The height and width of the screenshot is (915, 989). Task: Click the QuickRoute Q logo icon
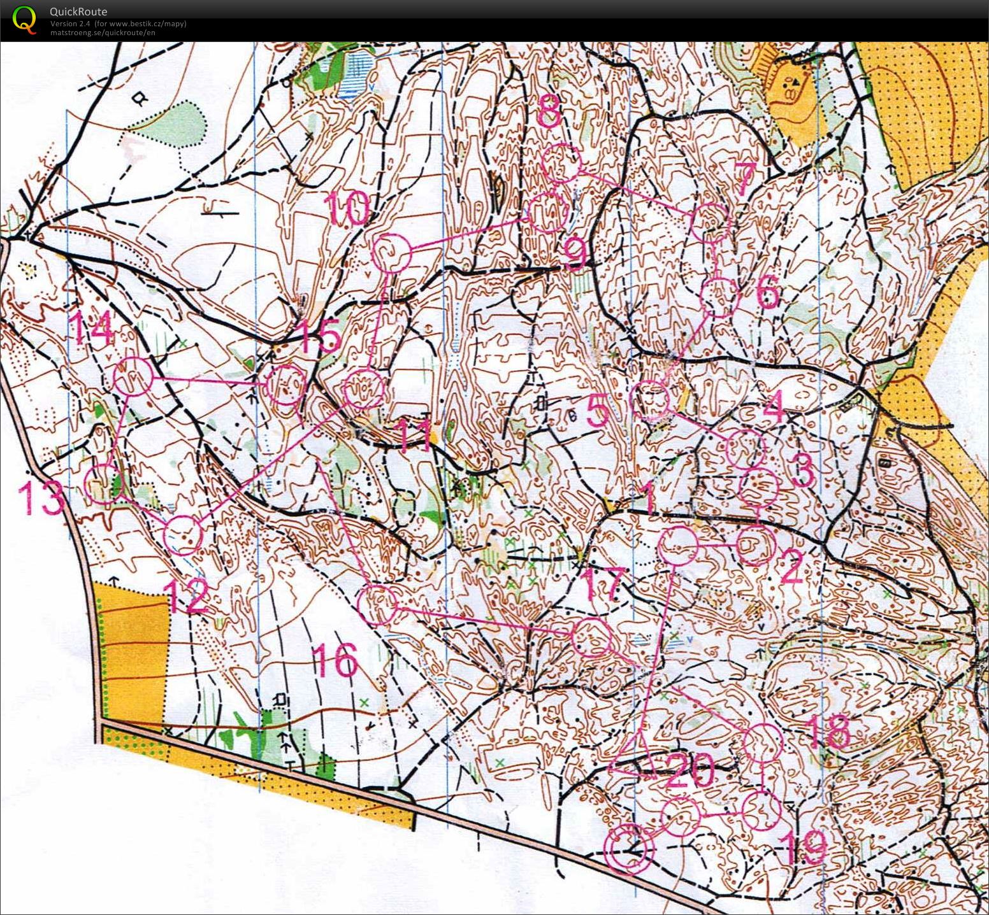(25, 19)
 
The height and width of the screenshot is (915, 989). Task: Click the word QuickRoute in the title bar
(78, 11)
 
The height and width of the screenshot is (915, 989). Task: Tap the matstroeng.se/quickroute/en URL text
(102, 32)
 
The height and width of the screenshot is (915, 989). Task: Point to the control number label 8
(549, 115)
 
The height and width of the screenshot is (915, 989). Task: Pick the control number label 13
(42, 498)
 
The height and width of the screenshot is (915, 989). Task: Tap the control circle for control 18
(763, 742)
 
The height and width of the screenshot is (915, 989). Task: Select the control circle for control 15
(285, 385)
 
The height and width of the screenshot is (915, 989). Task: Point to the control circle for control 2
(756, 546)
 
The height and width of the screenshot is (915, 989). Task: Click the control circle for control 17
(591, 638)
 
